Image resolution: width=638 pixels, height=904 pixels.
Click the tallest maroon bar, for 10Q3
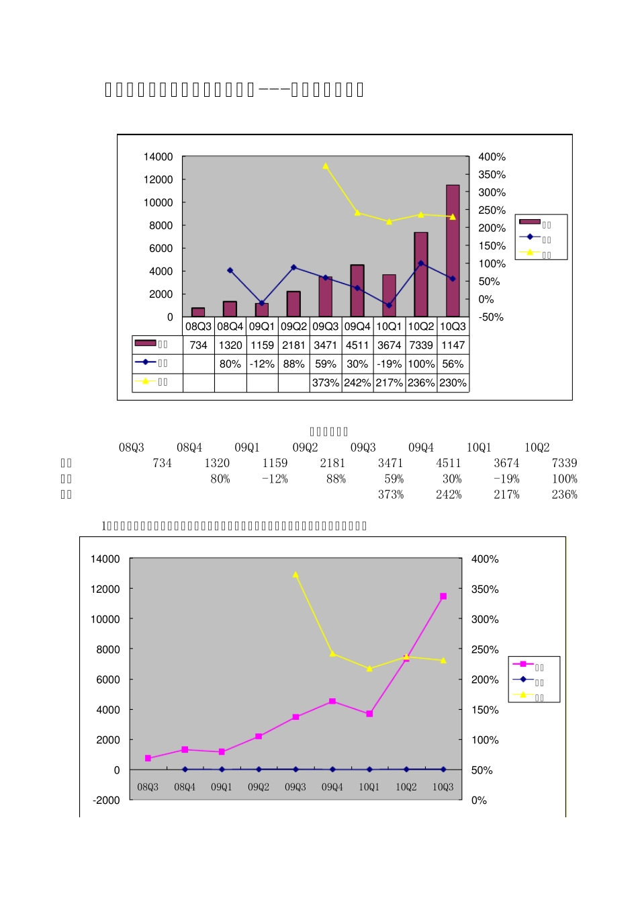click(x=453, y=250)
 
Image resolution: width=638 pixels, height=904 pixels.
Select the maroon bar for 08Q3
click(x=198, y=312)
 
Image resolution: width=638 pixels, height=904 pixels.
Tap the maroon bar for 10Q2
click(x=421, y=274)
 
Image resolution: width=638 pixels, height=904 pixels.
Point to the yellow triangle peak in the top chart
click(x=326, y=166)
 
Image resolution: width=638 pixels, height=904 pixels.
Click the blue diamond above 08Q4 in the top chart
click(x=230, y=270)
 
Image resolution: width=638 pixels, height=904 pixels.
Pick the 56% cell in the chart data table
click(x=453, y=364)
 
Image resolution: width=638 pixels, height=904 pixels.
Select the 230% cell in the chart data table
click(x=453, y=382)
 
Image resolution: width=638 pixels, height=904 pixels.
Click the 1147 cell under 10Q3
click(x=453, y=345)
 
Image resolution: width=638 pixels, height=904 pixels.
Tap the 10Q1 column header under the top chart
click(x=389, y=326)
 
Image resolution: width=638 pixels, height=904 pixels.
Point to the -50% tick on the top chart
click(x=491, y=317)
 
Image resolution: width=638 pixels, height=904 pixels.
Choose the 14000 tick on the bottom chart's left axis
click(x=105, y=559)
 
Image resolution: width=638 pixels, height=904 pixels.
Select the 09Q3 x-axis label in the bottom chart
click(x=295, y=786)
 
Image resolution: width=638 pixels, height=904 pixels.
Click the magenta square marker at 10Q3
click(x=443, y=596)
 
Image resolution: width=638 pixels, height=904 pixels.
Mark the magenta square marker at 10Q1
click(x=369, y=714)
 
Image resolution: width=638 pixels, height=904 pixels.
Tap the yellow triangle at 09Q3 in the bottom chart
click(x=295, y=575)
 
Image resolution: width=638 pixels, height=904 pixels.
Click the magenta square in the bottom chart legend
click(x=523, y=664)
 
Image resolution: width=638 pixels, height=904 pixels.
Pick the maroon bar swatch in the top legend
click(x=529, y=222)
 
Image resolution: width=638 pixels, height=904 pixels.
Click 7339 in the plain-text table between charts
click(x=564, y=463)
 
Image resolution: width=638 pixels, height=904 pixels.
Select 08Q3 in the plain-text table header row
click(x=132, y=448)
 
